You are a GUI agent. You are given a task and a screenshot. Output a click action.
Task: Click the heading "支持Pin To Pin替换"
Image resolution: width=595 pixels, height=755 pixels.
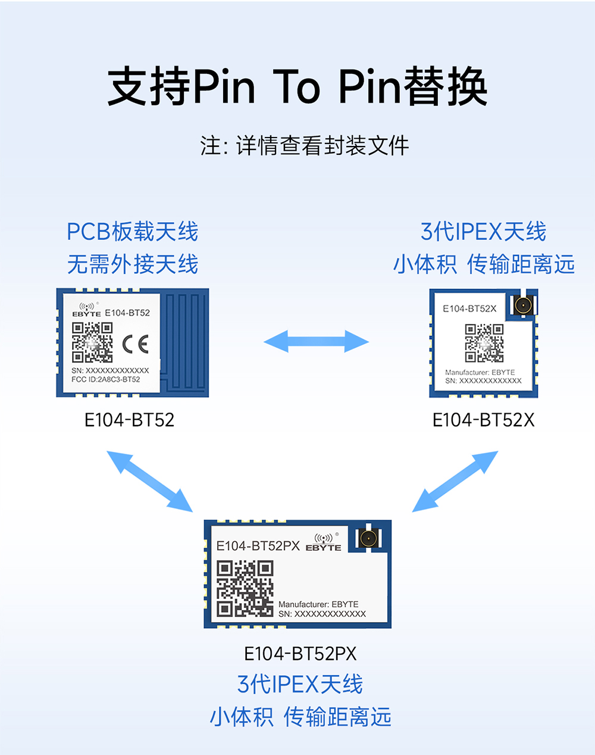pos(297,87)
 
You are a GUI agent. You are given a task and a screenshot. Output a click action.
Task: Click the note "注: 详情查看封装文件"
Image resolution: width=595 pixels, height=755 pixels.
pos(305,146)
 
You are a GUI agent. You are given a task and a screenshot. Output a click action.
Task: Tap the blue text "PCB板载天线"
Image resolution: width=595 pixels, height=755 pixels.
pos(132,232)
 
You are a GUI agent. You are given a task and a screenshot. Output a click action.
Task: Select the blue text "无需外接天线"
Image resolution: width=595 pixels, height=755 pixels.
pos(132,264)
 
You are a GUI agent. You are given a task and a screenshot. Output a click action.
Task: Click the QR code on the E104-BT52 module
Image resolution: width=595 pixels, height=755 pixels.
pos(92,342)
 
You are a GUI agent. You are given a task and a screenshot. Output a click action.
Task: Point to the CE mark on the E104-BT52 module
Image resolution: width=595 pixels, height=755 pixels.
pos(135,344)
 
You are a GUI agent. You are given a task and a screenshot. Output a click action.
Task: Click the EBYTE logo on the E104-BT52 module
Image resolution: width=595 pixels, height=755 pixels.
pos(87,310)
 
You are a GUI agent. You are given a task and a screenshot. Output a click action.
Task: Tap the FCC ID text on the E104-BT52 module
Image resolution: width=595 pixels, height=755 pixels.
pos(106,379)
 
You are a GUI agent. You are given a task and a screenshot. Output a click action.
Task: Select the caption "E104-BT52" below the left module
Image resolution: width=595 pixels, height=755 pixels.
pos(129,420)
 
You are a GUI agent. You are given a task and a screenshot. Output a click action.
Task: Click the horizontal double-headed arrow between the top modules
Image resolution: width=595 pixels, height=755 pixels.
pos(316,342)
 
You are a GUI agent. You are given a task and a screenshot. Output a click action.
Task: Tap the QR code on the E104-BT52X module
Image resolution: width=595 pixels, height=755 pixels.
pos(484,343)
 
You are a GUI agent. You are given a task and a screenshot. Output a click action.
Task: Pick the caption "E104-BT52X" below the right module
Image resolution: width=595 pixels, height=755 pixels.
pos(483,420)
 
